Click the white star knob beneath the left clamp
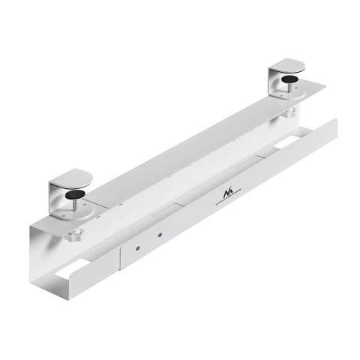74,238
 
